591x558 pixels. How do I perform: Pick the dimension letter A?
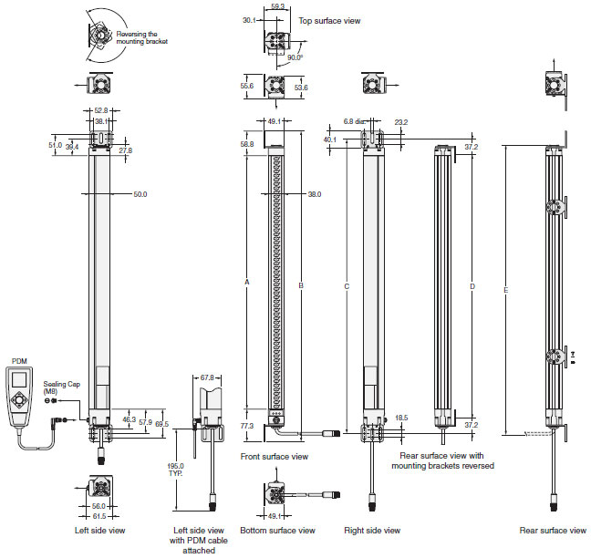246,283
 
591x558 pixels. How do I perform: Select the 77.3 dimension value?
246,426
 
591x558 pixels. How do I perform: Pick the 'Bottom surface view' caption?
277,530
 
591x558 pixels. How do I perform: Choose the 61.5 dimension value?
99,516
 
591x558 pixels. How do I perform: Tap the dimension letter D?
472,287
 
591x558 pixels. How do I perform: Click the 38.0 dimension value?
314,194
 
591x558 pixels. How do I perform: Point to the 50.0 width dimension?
140,194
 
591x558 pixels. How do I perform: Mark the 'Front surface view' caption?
274,456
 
